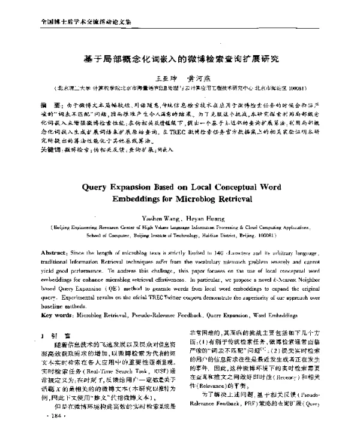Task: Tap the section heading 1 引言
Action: [x=49, y=334]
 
